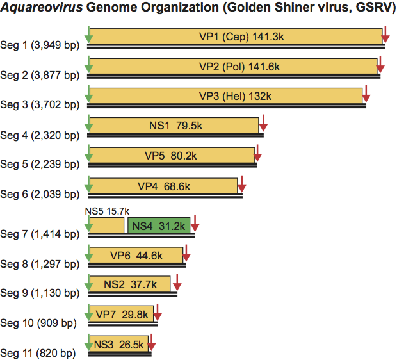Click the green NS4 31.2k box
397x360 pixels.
click(159, 225)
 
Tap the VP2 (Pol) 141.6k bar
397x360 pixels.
click(233, 66)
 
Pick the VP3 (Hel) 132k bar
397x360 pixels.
click(225, 95)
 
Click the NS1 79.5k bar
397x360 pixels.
click(174, 125)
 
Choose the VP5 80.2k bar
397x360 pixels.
click(172, 155)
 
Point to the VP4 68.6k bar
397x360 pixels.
click(163, 186)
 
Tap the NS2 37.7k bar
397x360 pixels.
click(130, 284)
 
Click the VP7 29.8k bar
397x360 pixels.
click(122, 314)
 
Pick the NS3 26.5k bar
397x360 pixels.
click(119, 343)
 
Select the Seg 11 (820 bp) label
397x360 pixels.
click(37, 353)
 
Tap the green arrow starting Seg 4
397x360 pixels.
click(88, 124)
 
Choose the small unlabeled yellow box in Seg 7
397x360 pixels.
click(106, 225)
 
